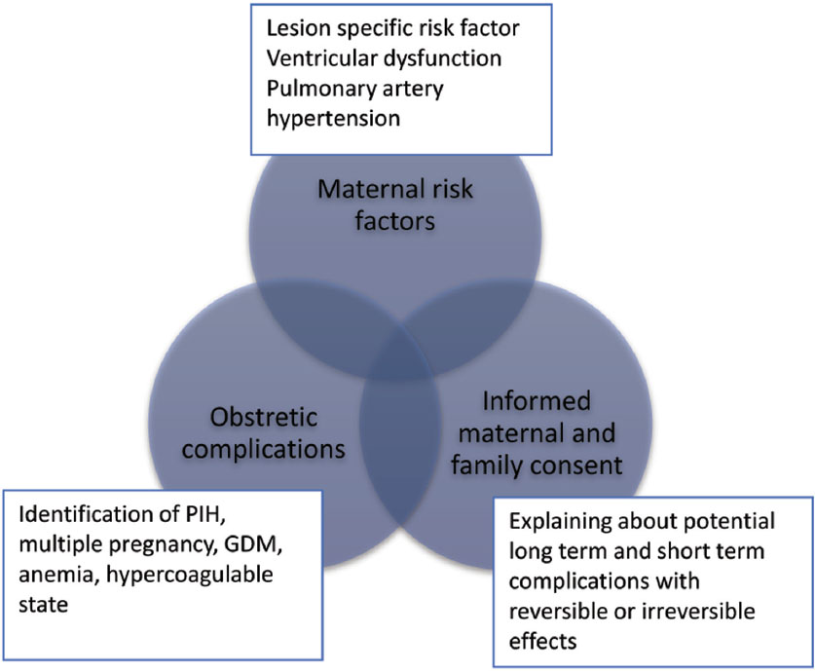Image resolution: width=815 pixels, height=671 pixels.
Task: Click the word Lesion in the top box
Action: click(x=299, y=28)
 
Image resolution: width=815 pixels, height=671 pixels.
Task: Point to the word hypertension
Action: click(x=333, y=119)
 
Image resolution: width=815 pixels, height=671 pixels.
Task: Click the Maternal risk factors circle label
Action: click(x=395, y=205)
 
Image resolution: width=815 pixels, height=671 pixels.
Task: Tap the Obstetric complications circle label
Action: click(x=264, y=433)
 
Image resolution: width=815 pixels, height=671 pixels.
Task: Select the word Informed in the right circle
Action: click(x=537, y=401)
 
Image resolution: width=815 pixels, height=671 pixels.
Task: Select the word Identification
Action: click(x=87, y=514)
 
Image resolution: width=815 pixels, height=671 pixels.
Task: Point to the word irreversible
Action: click(x=698, y=611)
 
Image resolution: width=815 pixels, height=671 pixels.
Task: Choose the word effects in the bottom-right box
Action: click(x=542, y=642)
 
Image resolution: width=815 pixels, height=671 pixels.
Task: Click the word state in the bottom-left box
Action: click(x=44, y=605)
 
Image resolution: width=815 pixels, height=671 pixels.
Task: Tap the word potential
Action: click(x=728, y=522)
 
